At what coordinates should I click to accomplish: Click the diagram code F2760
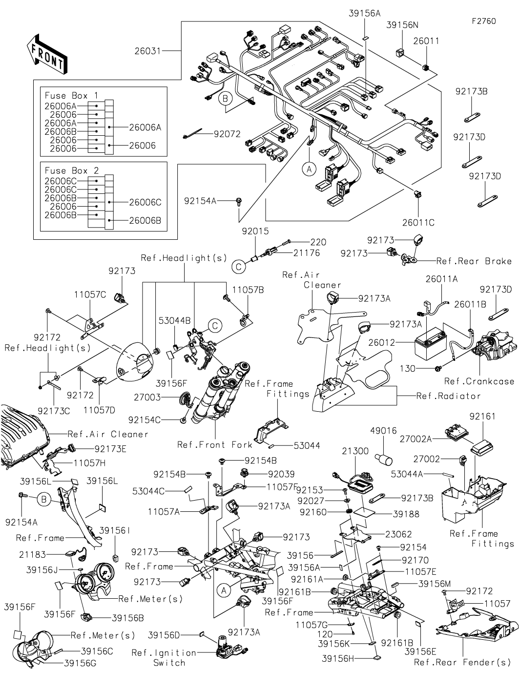click(x=483, y=21)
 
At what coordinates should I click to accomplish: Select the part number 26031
click(x=148, y=50)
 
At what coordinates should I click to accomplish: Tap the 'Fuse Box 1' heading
click(x=71, y=96)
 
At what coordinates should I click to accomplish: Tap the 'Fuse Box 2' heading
click(x=71, y=170)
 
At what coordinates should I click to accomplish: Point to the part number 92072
click(x=227, y=134)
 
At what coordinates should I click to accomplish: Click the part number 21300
click(x=355, y=451)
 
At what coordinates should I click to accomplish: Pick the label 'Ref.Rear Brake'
click(x=474, y=261)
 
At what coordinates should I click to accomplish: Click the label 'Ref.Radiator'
click(x=448, y=396)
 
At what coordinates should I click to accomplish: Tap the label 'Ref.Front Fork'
click(x=214, y=444)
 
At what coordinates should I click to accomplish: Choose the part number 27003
click(x=147, y=398)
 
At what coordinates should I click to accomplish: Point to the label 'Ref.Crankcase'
click(x=479, y=381)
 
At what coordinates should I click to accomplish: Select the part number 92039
click(x=281, y=474)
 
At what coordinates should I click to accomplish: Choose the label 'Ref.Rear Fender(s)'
click(x=462, y=662)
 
